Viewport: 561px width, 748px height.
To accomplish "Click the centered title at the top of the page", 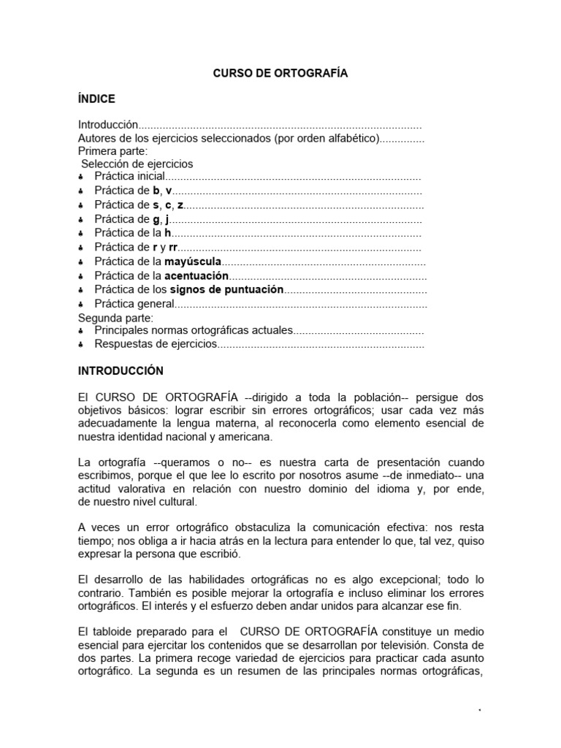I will [280, 73].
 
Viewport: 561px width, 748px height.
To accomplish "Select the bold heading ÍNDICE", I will [96, 99].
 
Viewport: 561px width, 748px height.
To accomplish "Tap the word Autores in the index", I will [98, 138].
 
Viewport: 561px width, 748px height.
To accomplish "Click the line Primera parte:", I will [112, 151].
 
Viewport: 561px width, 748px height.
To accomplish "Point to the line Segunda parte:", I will [115, 318].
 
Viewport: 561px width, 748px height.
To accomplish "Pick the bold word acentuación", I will [196, 275].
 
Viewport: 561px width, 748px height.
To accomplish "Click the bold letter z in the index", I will [180, 205].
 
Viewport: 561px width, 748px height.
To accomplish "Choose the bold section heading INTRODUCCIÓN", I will [121, 371].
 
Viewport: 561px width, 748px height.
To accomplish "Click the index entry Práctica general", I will [134, 303].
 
